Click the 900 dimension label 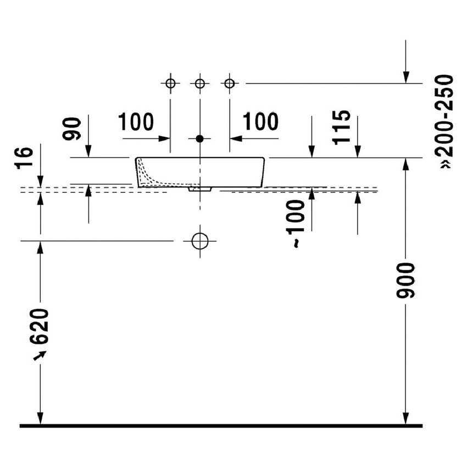[x=405, y=280]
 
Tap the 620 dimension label [x=40, y=326]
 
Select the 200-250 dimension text [x=444, y=115]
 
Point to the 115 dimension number [x=341, y=128]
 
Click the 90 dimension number [x=71, y=129]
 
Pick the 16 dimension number [x=24, y=158]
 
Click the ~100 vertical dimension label [x=296, y=224]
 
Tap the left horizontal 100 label [x=136, y=122]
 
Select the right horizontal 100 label [x=260, y=122]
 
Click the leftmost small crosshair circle [x=170, y=84]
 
